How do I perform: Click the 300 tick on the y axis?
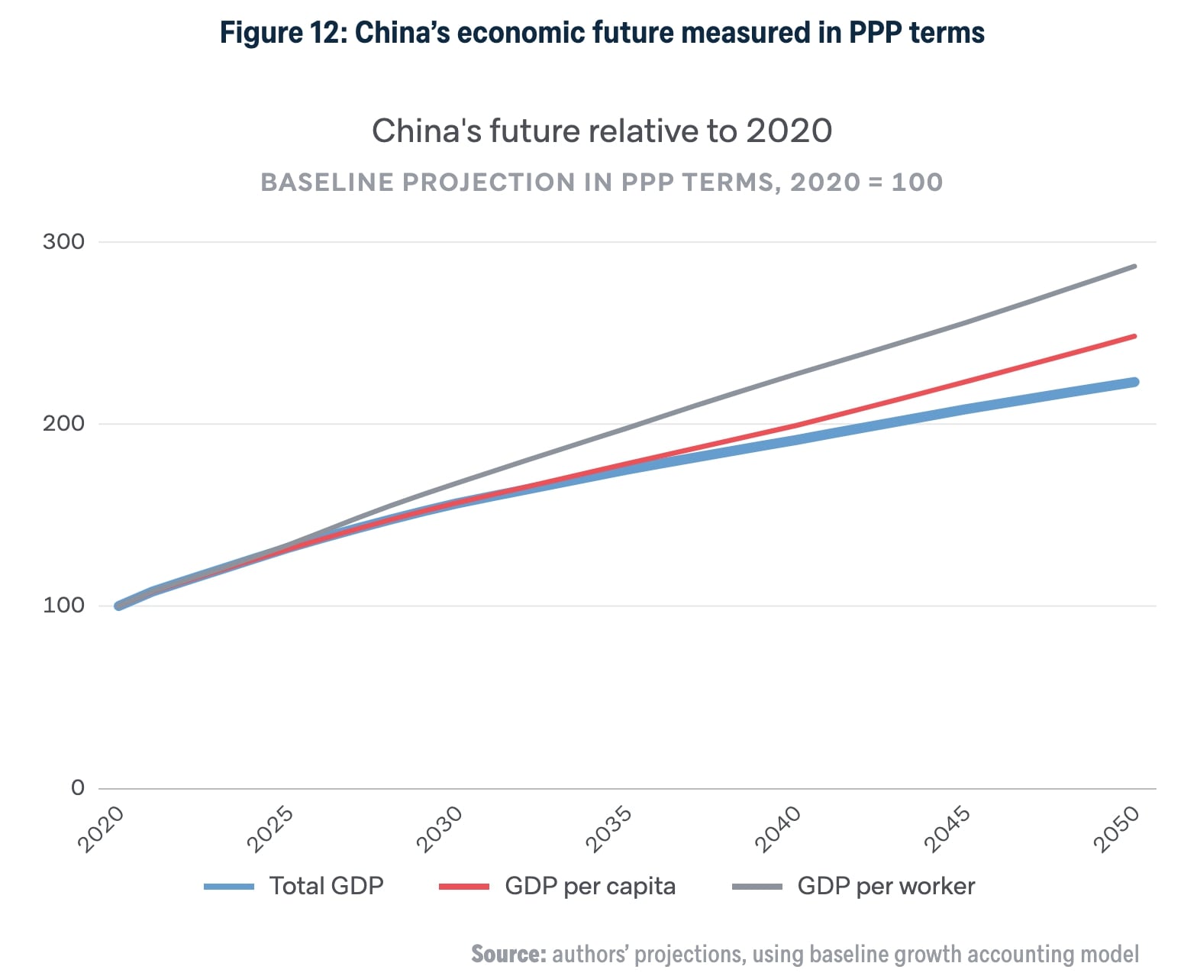[63, 241]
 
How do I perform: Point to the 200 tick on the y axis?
[63, 423]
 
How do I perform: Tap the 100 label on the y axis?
[63, 605]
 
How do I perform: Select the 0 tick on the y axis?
[77, 787]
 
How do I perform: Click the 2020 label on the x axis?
[102, 829]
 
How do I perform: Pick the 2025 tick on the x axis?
[271, 829]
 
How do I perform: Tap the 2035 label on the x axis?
[609, 829]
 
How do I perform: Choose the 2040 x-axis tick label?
[779, 829]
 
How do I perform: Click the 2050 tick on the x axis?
[1117, 829]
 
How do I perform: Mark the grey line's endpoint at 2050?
[1134, 267]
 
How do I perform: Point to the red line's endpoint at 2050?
[1134, 336]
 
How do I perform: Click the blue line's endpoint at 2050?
[1134, 382]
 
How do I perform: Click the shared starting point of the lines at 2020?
[118, 606]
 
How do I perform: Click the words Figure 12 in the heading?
[282, 33]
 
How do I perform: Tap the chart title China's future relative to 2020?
[602, 131]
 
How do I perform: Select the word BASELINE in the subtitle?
[326, 183]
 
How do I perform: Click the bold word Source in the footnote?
[508, 954]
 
